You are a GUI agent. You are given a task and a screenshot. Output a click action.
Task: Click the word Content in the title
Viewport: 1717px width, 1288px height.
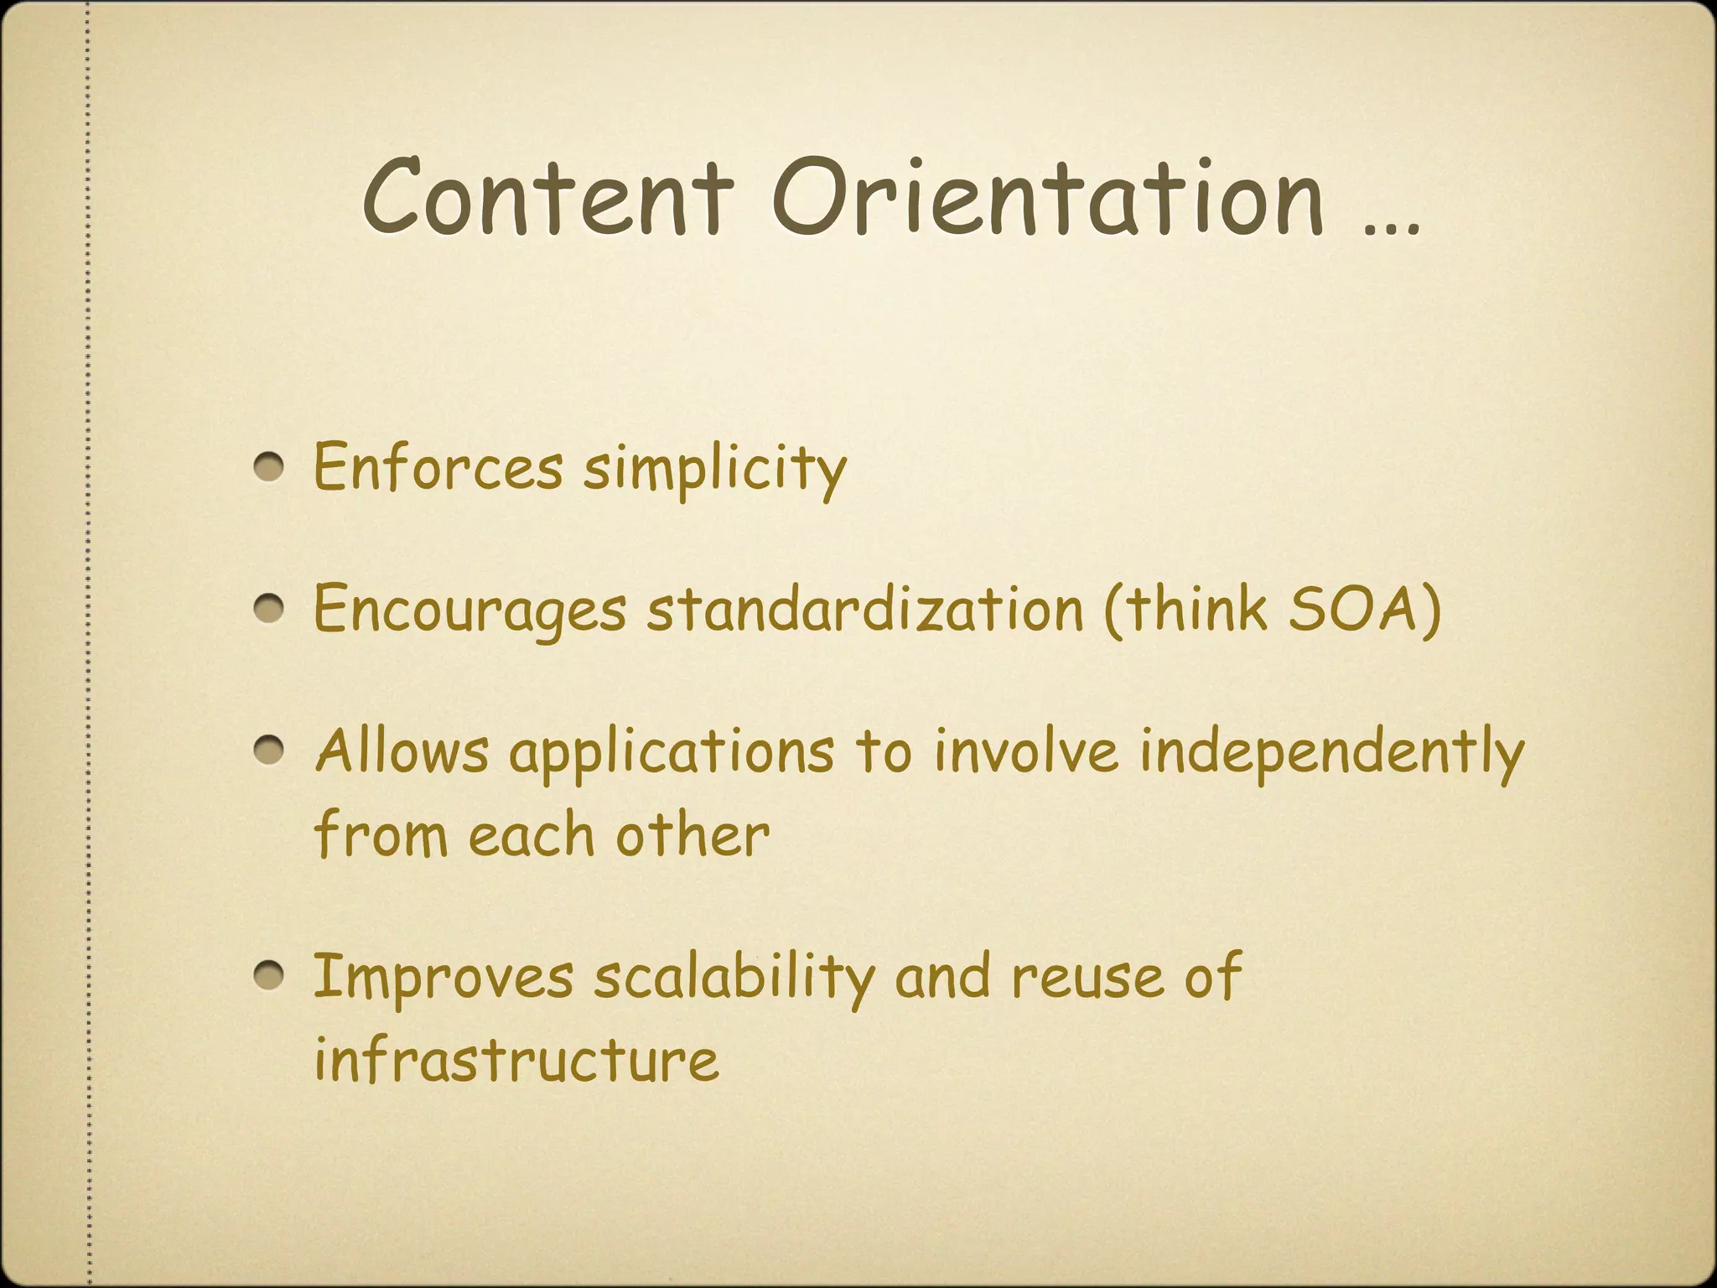pos(547,197)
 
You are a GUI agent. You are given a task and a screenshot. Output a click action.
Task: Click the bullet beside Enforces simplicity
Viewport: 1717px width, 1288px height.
pos(270,468)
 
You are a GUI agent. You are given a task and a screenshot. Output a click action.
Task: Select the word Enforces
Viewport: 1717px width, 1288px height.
pos(438,467)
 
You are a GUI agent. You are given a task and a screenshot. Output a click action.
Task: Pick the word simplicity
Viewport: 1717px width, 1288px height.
pos(715,470)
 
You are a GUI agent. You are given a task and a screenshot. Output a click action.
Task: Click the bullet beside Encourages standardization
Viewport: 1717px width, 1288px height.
pos(270,610)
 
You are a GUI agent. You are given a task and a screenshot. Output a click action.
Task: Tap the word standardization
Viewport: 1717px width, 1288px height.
pos(865,609)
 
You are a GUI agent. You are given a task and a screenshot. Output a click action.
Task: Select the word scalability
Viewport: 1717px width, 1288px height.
pos(734,978)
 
